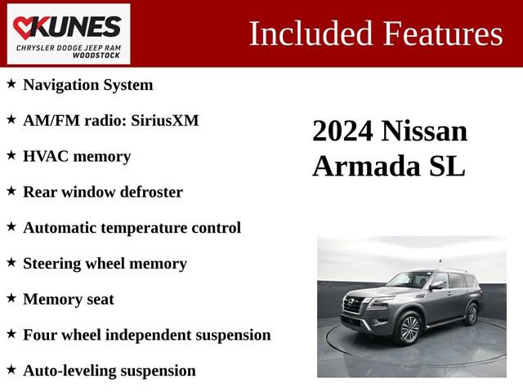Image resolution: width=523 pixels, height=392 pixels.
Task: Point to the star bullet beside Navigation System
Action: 11,84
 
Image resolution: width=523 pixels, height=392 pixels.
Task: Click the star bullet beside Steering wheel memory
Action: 11,263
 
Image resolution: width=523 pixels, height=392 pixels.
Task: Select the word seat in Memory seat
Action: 98,299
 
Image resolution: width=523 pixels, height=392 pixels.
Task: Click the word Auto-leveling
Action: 69,371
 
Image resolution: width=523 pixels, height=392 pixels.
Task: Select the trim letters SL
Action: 446,166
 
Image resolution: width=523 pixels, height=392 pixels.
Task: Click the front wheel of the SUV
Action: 409,328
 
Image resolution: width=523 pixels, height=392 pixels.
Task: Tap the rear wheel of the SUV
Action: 472,313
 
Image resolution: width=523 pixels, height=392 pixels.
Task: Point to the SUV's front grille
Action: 355,306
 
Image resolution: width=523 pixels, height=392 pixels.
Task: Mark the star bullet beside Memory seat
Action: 11,299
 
